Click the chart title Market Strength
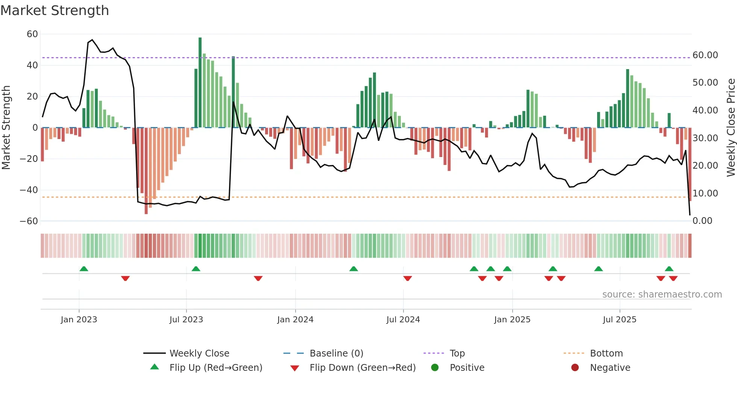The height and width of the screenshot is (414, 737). pos(55,11)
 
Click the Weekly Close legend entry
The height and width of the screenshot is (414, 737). pos(199,353)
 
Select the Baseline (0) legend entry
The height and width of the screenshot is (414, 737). pos(336,353)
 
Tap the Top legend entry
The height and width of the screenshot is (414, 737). pos(457,353)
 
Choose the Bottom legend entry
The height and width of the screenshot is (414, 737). pos(606,353)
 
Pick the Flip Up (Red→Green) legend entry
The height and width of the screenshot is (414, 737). pos(215,367)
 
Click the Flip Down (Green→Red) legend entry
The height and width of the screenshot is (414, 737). pos(362,367)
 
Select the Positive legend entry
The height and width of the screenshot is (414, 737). pos(467,367)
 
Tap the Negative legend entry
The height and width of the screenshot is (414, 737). pos(610,367)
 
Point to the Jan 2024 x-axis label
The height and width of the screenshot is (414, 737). pos(295,319)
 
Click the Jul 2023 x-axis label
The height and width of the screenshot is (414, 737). pos(186,319)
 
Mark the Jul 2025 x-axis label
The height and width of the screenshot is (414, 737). pos(619,319)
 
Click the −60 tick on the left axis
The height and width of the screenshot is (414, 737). pos(29,221)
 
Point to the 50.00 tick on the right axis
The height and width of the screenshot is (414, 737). pos(705,83)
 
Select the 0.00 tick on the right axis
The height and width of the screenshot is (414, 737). pos(702,221)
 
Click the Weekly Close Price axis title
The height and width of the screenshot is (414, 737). pos(731,127)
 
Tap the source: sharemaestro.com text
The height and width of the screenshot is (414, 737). pos(662,294)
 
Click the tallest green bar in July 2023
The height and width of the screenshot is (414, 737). pos(200,83)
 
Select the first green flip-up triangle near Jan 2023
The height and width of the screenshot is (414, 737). pos(84,269)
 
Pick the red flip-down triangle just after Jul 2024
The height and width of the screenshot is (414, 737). pos(408,278)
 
